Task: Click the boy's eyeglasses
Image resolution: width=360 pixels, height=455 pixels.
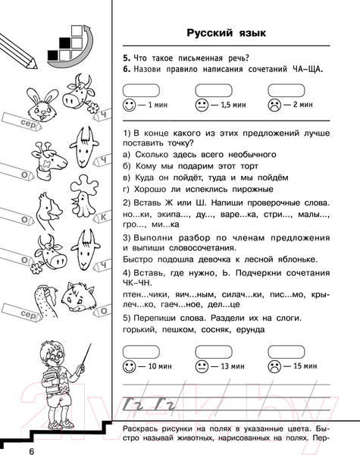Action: pyautogui.click(x=51, y=361)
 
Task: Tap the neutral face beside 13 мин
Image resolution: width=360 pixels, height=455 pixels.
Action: pyautogui.click(x=202, y=366)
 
